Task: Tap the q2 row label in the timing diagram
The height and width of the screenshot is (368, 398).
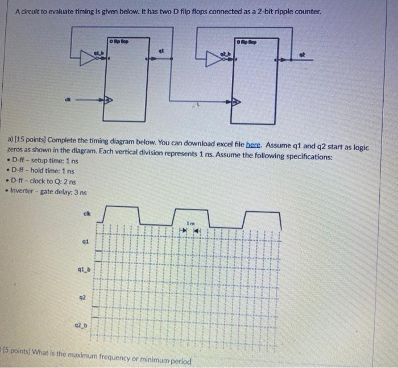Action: coord(82,296)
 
